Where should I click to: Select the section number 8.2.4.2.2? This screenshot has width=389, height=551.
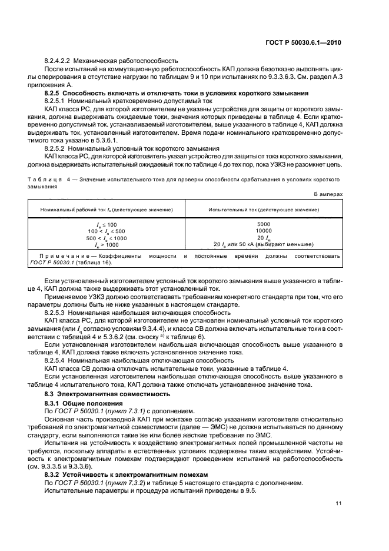click(x=59, y=61)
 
